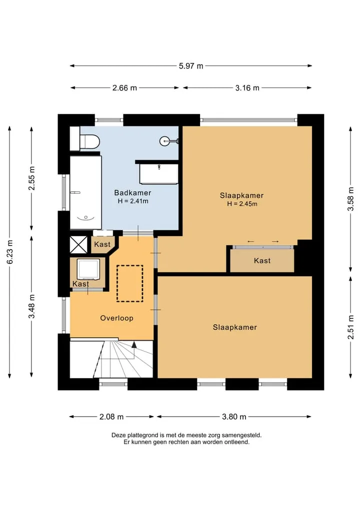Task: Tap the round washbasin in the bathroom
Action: pyautogui.click(x=165, y=140)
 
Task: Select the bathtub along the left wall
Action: pyautogui.click(x=86, y=192)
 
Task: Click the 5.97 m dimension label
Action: pyautogui.click(x=191, y=66)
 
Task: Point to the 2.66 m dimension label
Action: pyautogui.click(x=124, y=88)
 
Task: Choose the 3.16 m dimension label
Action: pyautogui.click(x=247, y=88)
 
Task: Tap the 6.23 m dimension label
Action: pyautogui.click(x=9, y=252)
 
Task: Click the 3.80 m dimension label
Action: pyautogui.click(x=234, y=417)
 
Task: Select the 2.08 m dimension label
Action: pyautogui.click(x=111, y=417)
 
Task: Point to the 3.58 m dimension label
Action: pyautogui.click(x=350, y=199)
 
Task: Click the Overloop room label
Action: pyautogui.click(x=117, y=318)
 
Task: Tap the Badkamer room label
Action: pyautogui.click(x=132, y=193)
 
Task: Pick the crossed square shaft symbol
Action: pyautogui.click(x=79, y=245)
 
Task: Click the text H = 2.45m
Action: pyautogui.click(x=242, y=204)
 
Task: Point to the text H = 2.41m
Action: pyautogui.click(x=133, y=201)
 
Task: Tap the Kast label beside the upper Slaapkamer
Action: pyautogui.click(x=262, y=260)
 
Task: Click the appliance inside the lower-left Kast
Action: pyautogui.click(x=88, y=269)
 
